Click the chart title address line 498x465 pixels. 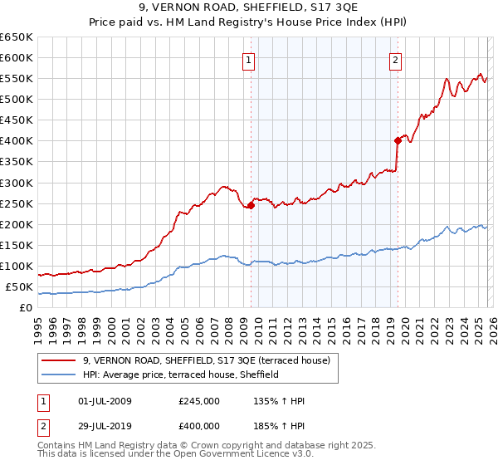pyautogui.click(x=248, y=8)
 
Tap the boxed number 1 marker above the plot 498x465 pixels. pyautogui.click(x=249, y=59)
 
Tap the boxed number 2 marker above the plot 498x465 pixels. pyautogui.click(x=396, y=59)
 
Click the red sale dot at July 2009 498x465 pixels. pyautogui.click(x=251, y=205)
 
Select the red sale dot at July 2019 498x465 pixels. pyautogui.click(x=398, y=140)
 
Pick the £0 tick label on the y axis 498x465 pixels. pyautogui.click(x=25, y=308)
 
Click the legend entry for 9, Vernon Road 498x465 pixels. pyautogui.click(x=207, y=360)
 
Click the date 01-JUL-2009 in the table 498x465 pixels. pyautogui.click(x=102, y=401)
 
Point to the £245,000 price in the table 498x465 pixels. pyautogui.click(x=199, y=401)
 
